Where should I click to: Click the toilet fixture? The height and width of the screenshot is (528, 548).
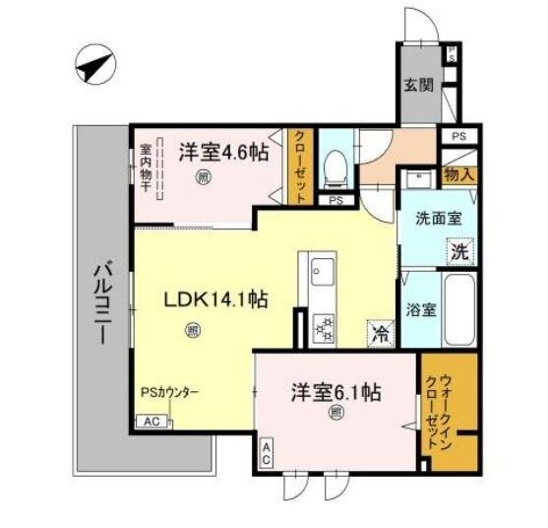pyautogui.click(x=335, y=166)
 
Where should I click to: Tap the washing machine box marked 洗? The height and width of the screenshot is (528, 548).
pyautogui.click(x=460, y=251)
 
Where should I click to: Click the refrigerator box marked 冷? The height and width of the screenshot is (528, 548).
pyautogui.click(x=380, y=333)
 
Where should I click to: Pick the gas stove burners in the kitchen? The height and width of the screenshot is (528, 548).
pyautogui.click(x=322, y=328)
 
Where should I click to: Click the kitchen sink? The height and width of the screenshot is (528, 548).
pyautogui.click(x=322, y=269)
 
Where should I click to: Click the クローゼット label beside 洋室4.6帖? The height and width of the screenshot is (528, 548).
pyautogui.click(x=301, y=166)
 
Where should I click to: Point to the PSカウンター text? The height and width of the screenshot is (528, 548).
pyautogui.click(x=169, y=392)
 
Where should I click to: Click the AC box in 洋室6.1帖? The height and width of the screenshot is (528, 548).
pyautogui.click(x=266, y=454)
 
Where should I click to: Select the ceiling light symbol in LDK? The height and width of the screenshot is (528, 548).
pyautogui.click(x=193, y=330)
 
